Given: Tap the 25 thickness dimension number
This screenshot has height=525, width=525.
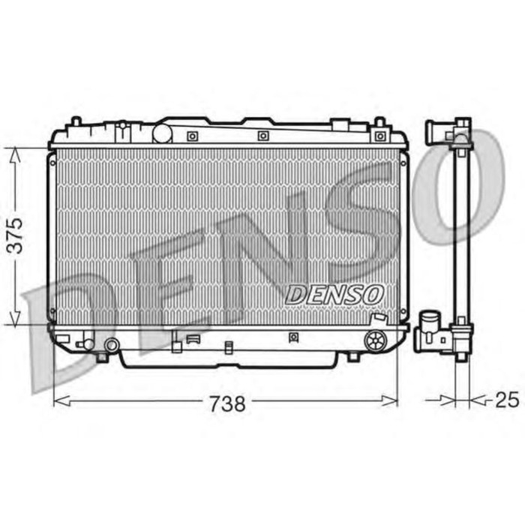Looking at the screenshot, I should [x=506, y=400].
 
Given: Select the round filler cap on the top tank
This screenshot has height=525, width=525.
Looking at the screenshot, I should [x=163, y=133].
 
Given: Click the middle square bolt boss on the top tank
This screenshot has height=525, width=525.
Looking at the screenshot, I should [x=262, y=136].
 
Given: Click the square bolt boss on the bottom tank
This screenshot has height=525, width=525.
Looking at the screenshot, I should [x=292, y=338].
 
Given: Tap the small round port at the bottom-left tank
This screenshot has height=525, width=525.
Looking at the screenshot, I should [x=112, y=346].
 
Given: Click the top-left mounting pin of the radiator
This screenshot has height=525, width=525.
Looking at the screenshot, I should [x=76, y=121].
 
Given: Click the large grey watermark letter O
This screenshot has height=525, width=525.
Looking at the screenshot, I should [x=457, y=187].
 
